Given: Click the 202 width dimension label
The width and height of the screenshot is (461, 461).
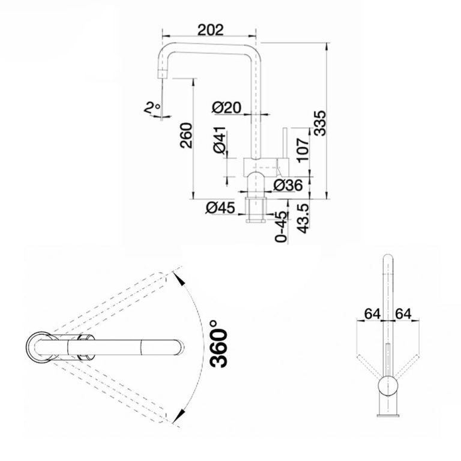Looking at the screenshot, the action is point(210,29).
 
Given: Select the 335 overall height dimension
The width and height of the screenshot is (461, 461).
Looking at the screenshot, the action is point(319,123).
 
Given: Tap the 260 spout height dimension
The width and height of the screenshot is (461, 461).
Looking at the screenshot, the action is point(186,135).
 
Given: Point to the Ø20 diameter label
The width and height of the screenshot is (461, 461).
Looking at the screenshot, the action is point(226,107).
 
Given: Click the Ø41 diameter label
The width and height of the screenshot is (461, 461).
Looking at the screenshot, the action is point(220,140).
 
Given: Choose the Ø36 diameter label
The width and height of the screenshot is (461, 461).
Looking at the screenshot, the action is point(288,185).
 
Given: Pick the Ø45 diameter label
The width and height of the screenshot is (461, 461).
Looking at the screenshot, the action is point(220,208).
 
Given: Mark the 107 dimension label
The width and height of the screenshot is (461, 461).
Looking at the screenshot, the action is point(303,150).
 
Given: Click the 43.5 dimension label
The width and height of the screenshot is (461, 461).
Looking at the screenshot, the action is point(303,218).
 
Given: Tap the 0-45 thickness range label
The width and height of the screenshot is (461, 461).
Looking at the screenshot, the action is point(281,227).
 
